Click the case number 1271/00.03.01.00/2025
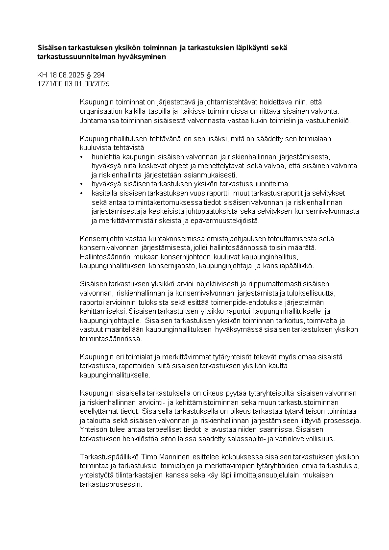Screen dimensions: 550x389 click(x=73, y=83)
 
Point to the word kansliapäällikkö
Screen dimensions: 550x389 click(x=289, y=266)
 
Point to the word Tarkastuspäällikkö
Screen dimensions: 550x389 click(x=105, y=456)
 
